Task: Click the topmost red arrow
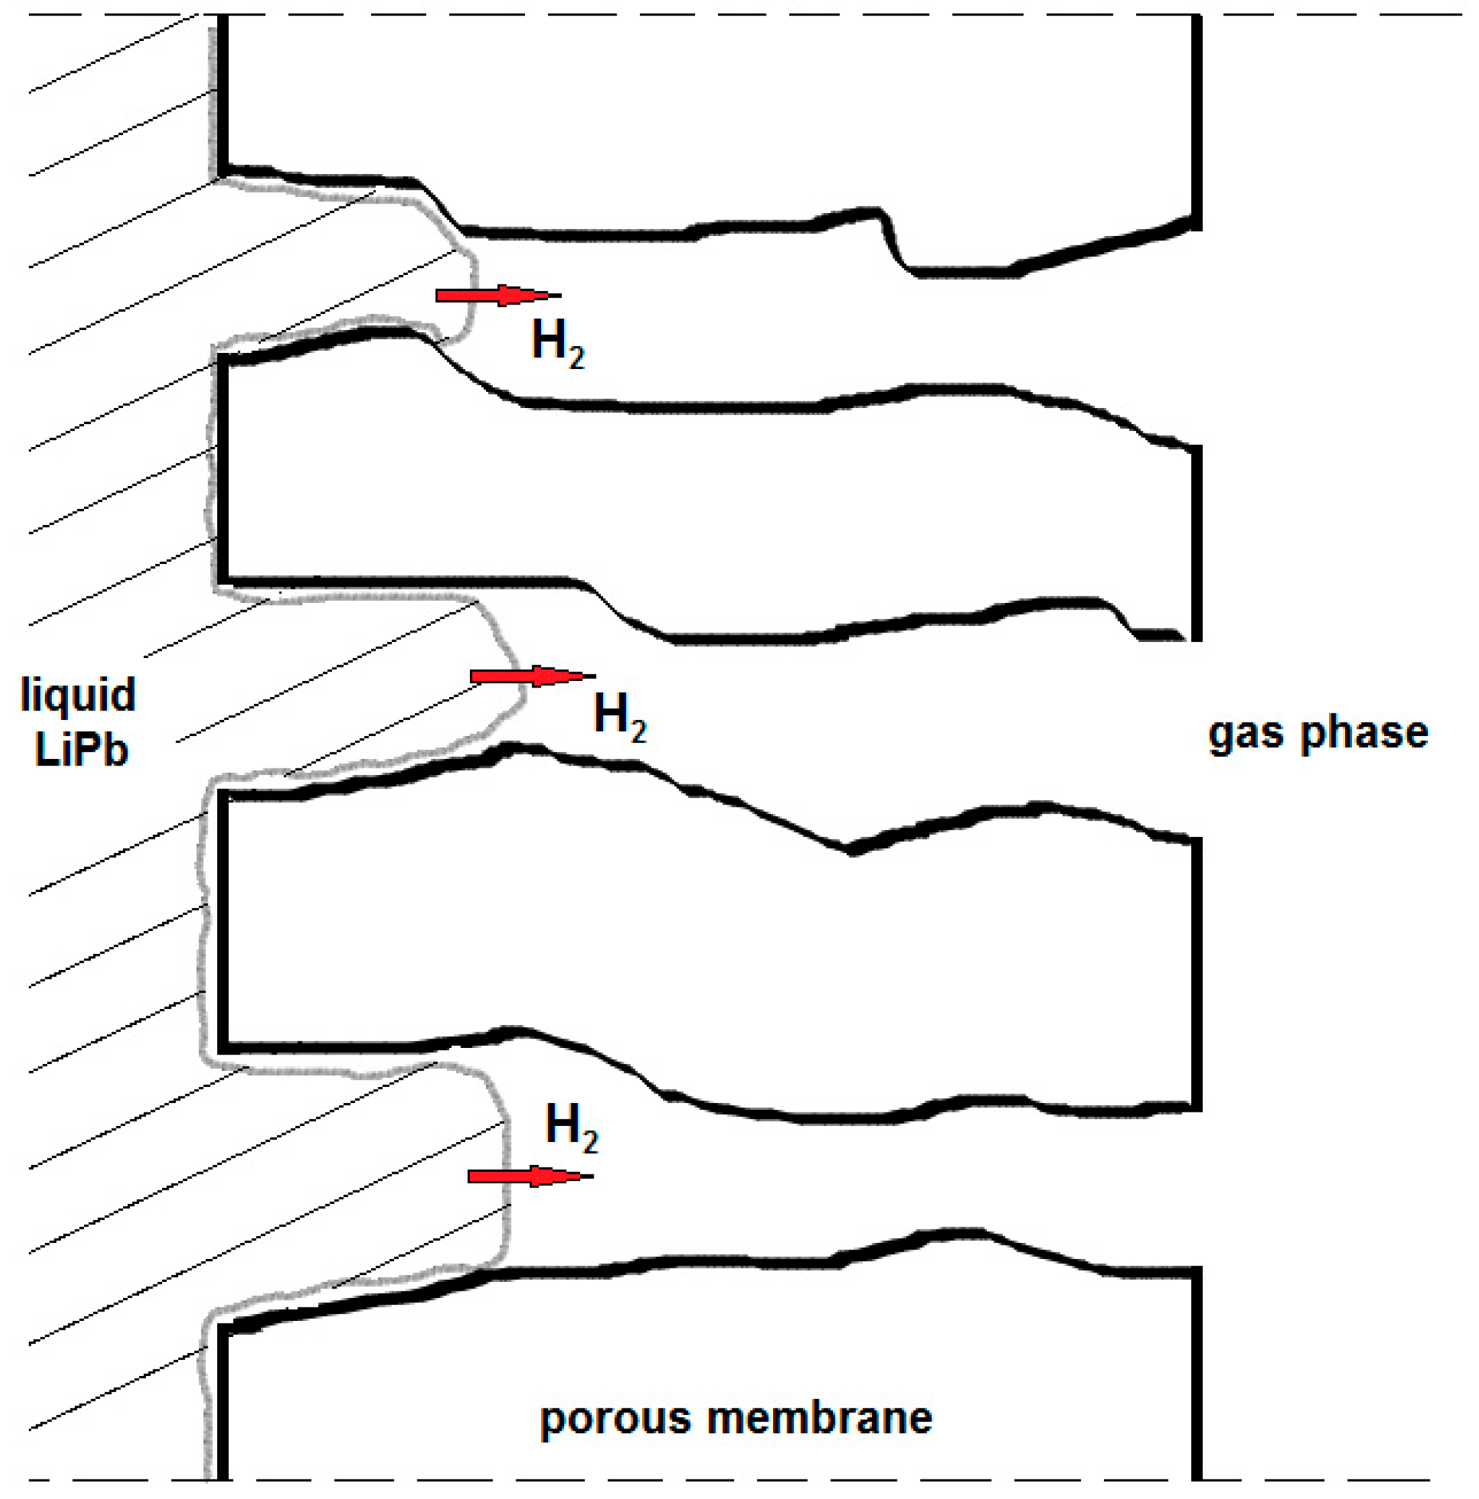click(497, 296)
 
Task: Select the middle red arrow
click(532, 676)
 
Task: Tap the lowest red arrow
click(529, 1176)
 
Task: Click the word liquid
click(77, 696)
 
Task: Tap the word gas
click(1246, 734)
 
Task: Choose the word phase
click(1364, 733)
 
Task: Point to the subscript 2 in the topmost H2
click(575, 358)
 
